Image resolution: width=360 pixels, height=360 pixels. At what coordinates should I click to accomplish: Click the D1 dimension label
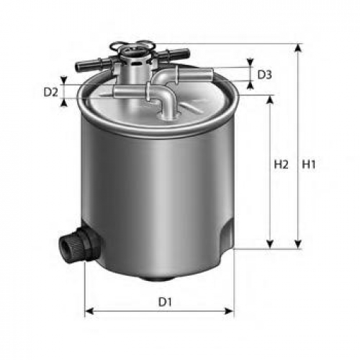tap(165, 302)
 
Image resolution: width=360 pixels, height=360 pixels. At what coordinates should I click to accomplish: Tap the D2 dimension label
tap(50, 92)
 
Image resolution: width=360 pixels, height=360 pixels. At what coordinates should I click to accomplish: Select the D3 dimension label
tap(264, 75)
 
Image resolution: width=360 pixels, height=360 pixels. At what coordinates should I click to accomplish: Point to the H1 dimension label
tap(308, 165)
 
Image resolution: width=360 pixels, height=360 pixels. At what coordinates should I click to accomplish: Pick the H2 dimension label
tap(281, 165)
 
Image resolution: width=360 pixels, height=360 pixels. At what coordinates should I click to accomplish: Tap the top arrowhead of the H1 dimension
tap(298, 48)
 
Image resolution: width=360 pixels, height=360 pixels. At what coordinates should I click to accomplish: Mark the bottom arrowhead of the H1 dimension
tap(298, 244)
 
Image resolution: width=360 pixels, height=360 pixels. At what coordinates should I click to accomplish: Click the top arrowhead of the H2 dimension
tap(270, 99)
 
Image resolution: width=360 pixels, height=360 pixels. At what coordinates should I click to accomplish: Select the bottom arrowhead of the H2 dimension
tap(270, 244)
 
